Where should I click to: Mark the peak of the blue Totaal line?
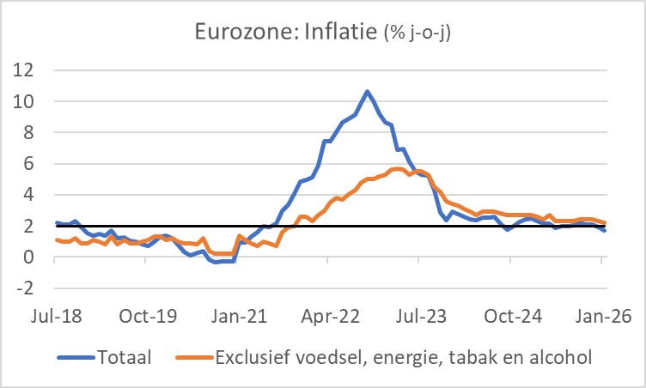(x=368, y=91)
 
